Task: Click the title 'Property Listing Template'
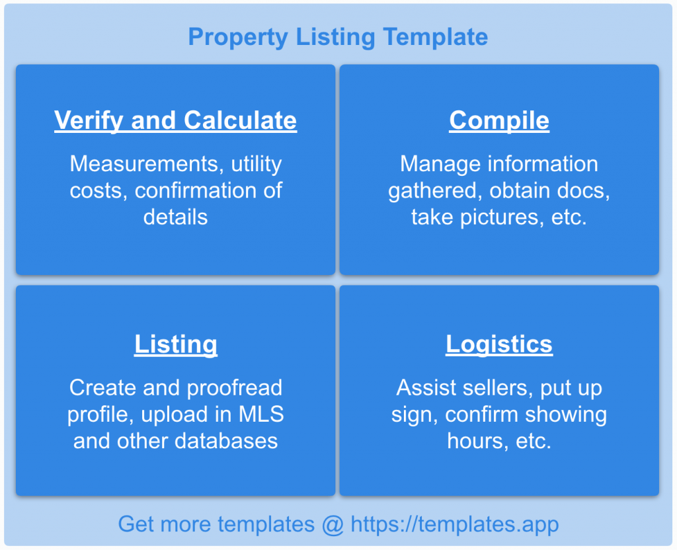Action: coord(338,36)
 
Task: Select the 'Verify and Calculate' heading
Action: coord(175,120)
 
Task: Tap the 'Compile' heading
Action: coord(499,120)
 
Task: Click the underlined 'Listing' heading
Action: coord(175,344)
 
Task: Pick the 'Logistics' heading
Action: coord(499,344)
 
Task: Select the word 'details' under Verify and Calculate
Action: coord(175,217)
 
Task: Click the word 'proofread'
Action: coord(234,388)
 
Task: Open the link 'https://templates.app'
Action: coord(455,524)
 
